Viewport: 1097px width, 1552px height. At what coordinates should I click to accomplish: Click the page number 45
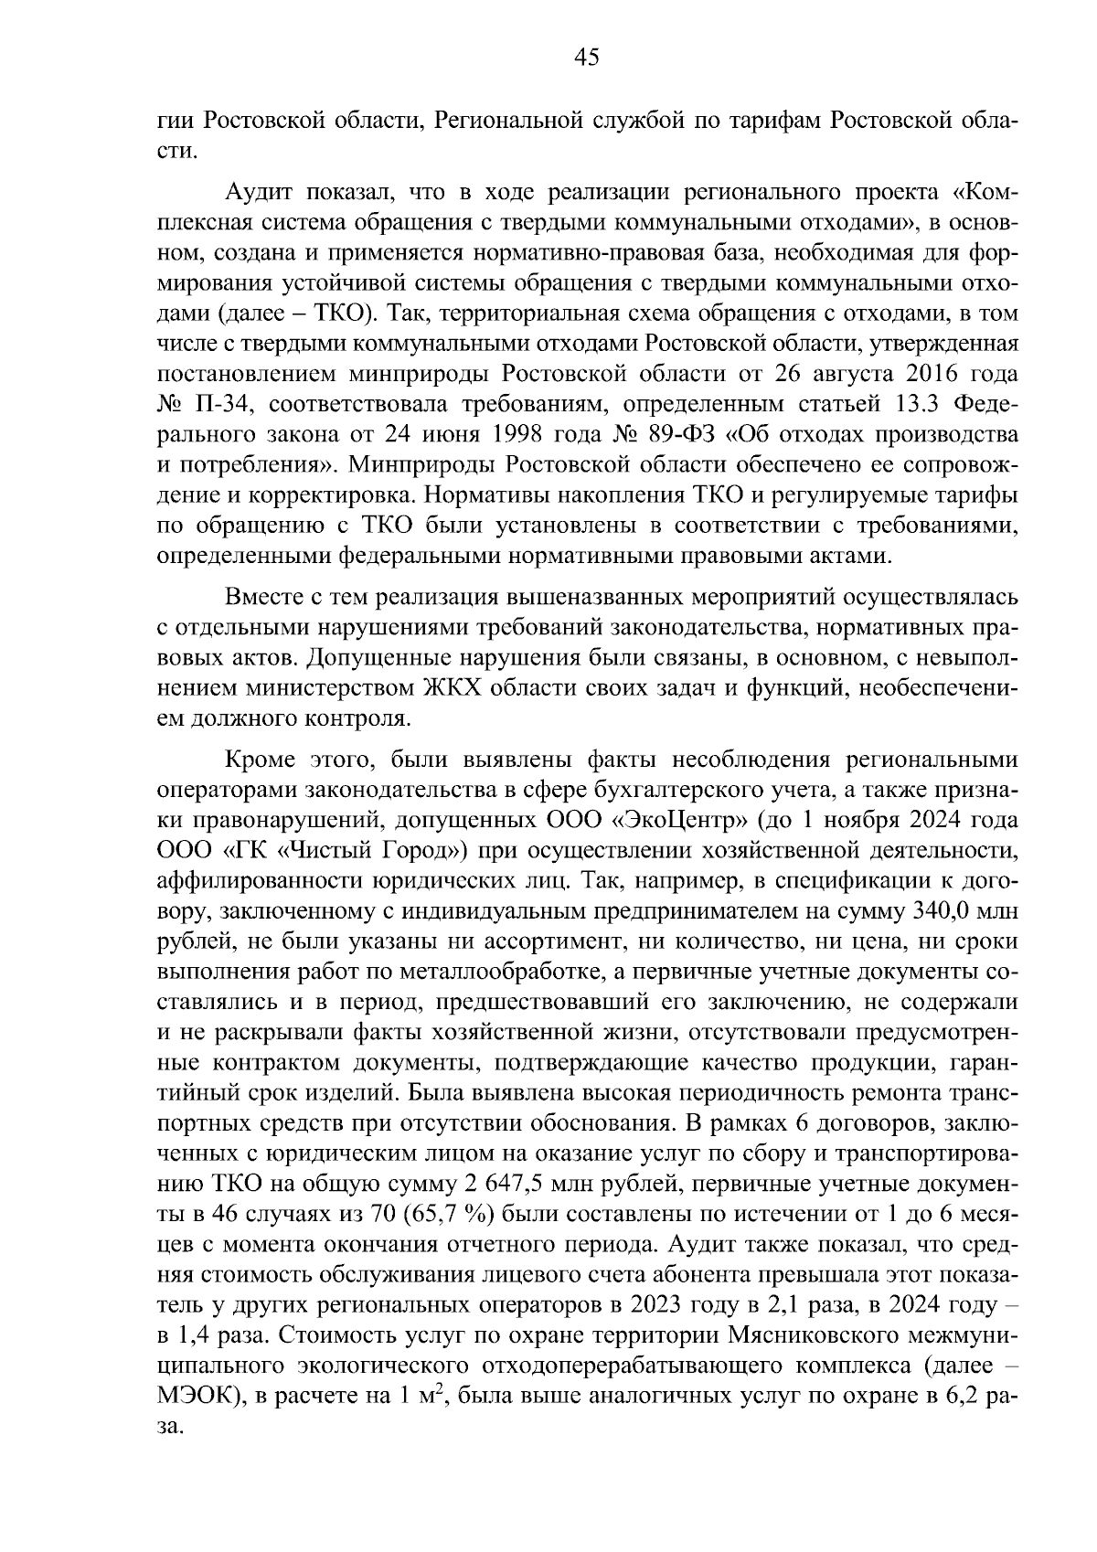click(x=586, y=58)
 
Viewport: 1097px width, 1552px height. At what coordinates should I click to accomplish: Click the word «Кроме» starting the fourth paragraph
click(x=260, y=761)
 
